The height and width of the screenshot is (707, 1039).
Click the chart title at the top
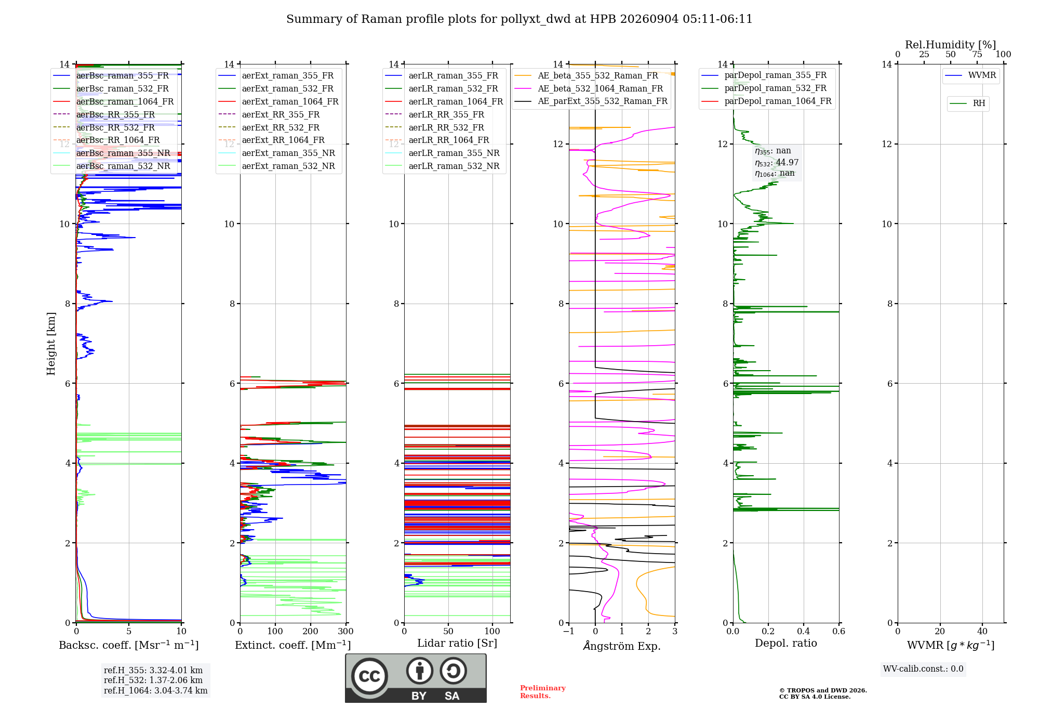pyautogui.click(x=519, y=19)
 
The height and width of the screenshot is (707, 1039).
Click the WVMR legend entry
pyautogui.click(x=971, y=75)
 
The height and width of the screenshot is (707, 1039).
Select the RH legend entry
pyautogui.click(x=968, y=103)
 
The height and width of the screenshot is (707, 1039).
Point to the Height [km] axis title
pyautogui.click(x=51, y=344)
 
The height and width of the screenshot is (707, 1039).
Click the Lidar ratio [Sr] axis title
pyautogui.click(x=457, y=643)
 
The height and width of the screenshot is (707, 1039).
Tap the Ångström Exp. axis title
pyautogui.click(x=622, y=646)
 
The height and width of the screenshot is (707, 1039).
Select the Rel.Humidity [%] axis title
pyautogui.click(x=951, y=45)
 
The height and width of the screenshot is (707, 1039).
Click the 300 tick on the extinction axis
pyautogui.click(x=345, y=631)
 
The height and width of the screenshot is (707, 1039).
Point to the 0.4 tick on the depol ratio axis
pyautogui.click(x=804, y=631)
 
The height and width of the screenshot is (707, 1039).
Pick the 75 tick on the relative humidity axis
pyautogui.click(x=977, y=54)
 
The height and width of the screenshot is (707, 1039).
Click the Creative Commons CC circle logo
pyautogui.click(x=369, y=676)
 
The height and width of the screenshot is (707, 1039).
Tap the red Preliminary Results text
pyautogui.click(x=543, y=692)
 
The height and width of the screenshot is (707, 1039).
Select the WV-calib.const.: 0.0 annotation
pyautogui.click(x=923, y=669)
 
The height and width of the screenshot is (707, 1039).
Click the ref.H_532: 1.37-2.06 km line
pyautogui.click(x=153, y=680)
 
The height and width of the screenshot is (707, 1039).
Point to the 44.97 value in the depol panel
pyautogui.click(x=787, y=162)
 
